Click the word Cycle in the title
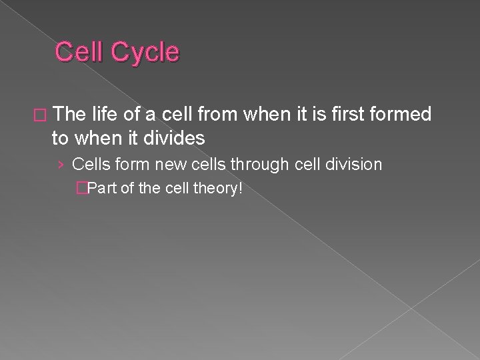click(145, 52)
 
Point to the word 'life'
click(108, 115)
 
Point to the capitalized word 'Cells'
click(90, 164)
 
